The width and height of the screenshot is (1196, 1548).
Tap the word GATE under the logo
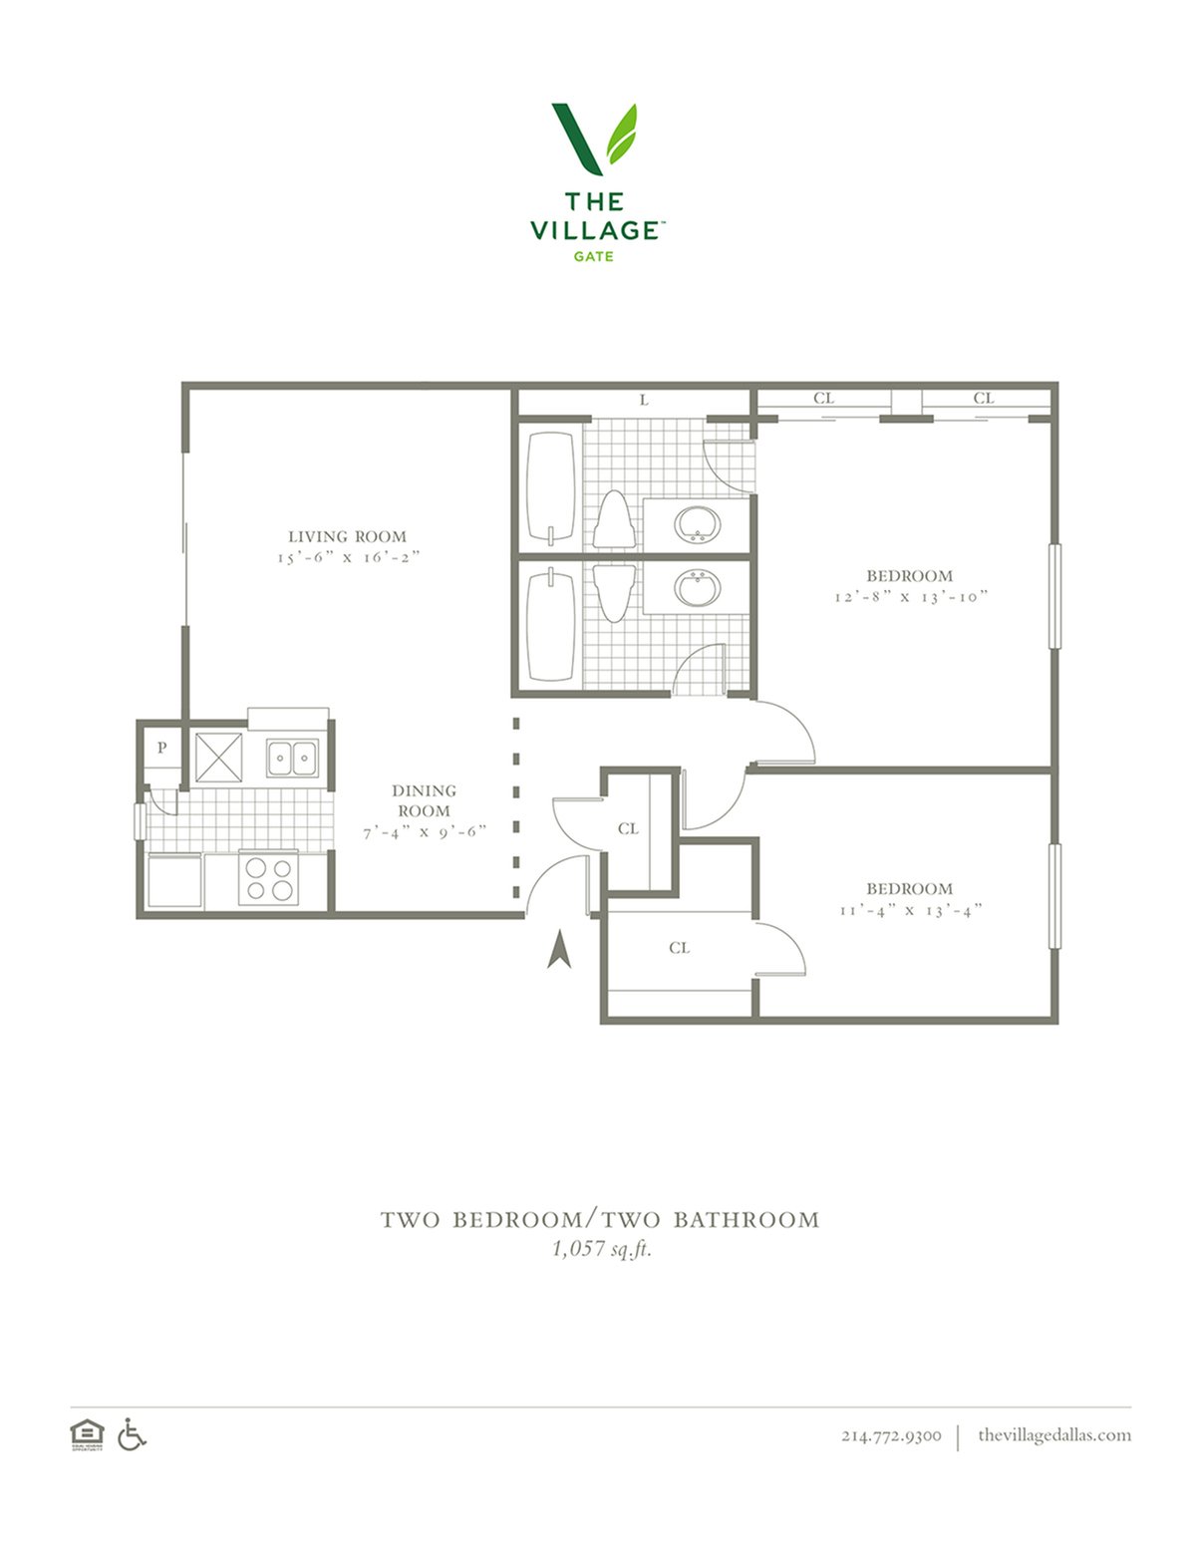(x=593, y=256)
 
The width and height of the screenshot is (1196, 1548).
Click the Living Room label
(x=347, y=536)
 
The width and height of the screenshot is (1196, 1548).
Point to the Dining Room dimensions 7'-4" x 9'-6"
(x=425, y=831)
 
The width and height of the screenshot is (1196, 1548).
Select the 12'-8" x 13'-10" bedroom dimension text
(x=912, y=596)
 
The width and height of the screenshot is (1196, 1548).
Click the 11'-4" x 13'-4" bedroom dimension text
(x=911, y=910)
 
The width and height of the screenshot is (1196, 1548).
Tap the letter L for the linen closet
(x=644, y=401)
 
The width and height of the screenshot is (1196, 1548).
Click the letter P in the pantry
(x=162, y=748)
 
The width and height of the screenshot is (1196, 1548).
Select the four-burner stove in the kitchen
(x=268, y=879)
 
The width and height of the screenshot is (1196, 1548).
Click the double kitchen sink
(x=292, y=758)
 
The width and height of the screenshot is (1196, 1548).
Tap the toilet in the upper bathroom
(x=614, y=519)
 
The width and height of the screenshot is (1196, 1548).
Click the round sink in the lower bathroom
(x=698, y=588)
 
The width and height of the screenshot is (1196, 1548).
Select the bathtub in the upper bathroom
(x=550, y=487)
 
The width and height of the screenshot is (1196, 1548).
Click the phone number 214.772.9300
(x=891, y=1435)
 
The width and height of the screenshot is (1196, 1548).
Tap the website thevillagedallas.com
(x=1054, y=1434)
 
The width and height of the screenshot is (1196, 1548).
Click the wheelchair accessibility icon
(x=132, y=1434)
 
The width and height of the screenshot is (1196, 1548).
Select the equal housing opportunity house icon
(x=87, y=1434)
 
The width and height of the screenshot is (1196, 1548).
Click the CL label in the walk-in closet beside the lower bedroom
(x=680, y=948)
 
